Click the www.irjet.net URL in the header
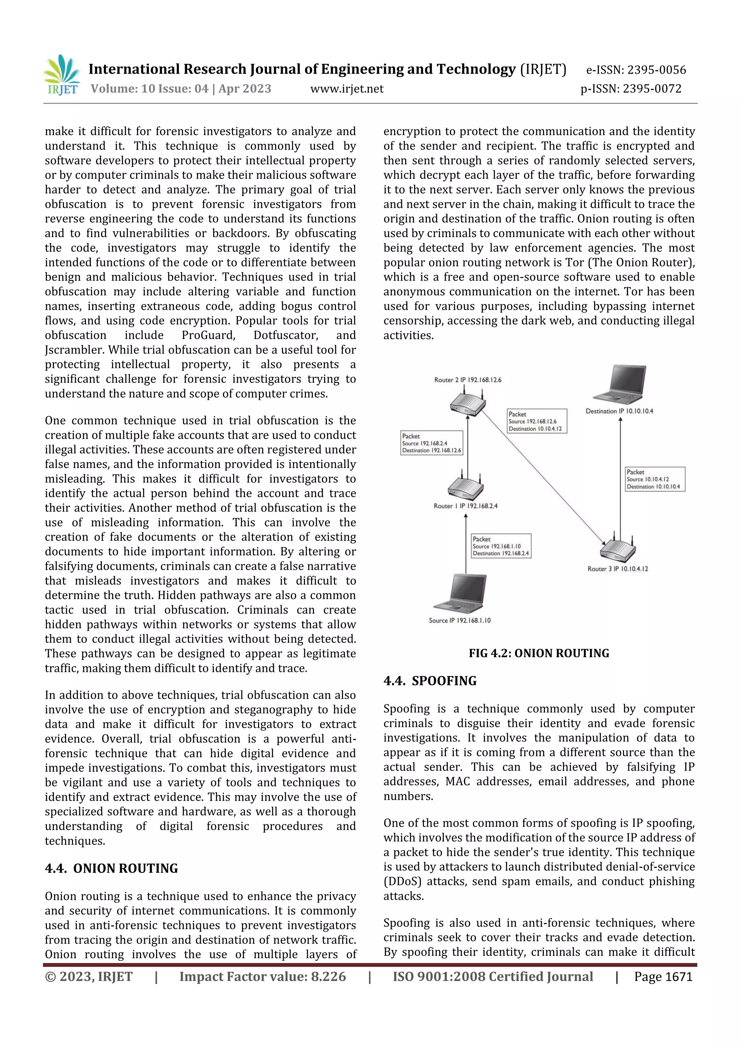click(347, 89)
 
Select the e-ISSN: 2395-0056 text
click(636, 70)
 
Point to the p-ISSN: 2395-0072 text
click(631, 89)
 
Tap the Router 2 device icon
click(467, 403)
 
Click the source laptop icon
click(461, 594)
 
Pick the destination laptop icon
click(620, 385)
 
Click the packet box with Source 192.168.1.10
click(501, 546)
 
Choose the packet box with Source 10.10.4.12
click(654, 479)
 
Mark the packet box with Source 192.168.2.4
click(431, 443)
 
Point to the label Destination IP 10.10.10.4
click(619, 411)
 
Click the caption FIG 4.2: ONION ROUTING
click(538, 653)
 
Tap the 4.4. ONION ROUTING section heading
click(111, 868)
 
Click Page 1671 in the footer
click(663, 976)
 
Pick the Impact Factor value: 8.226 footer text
click(262, 976)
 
